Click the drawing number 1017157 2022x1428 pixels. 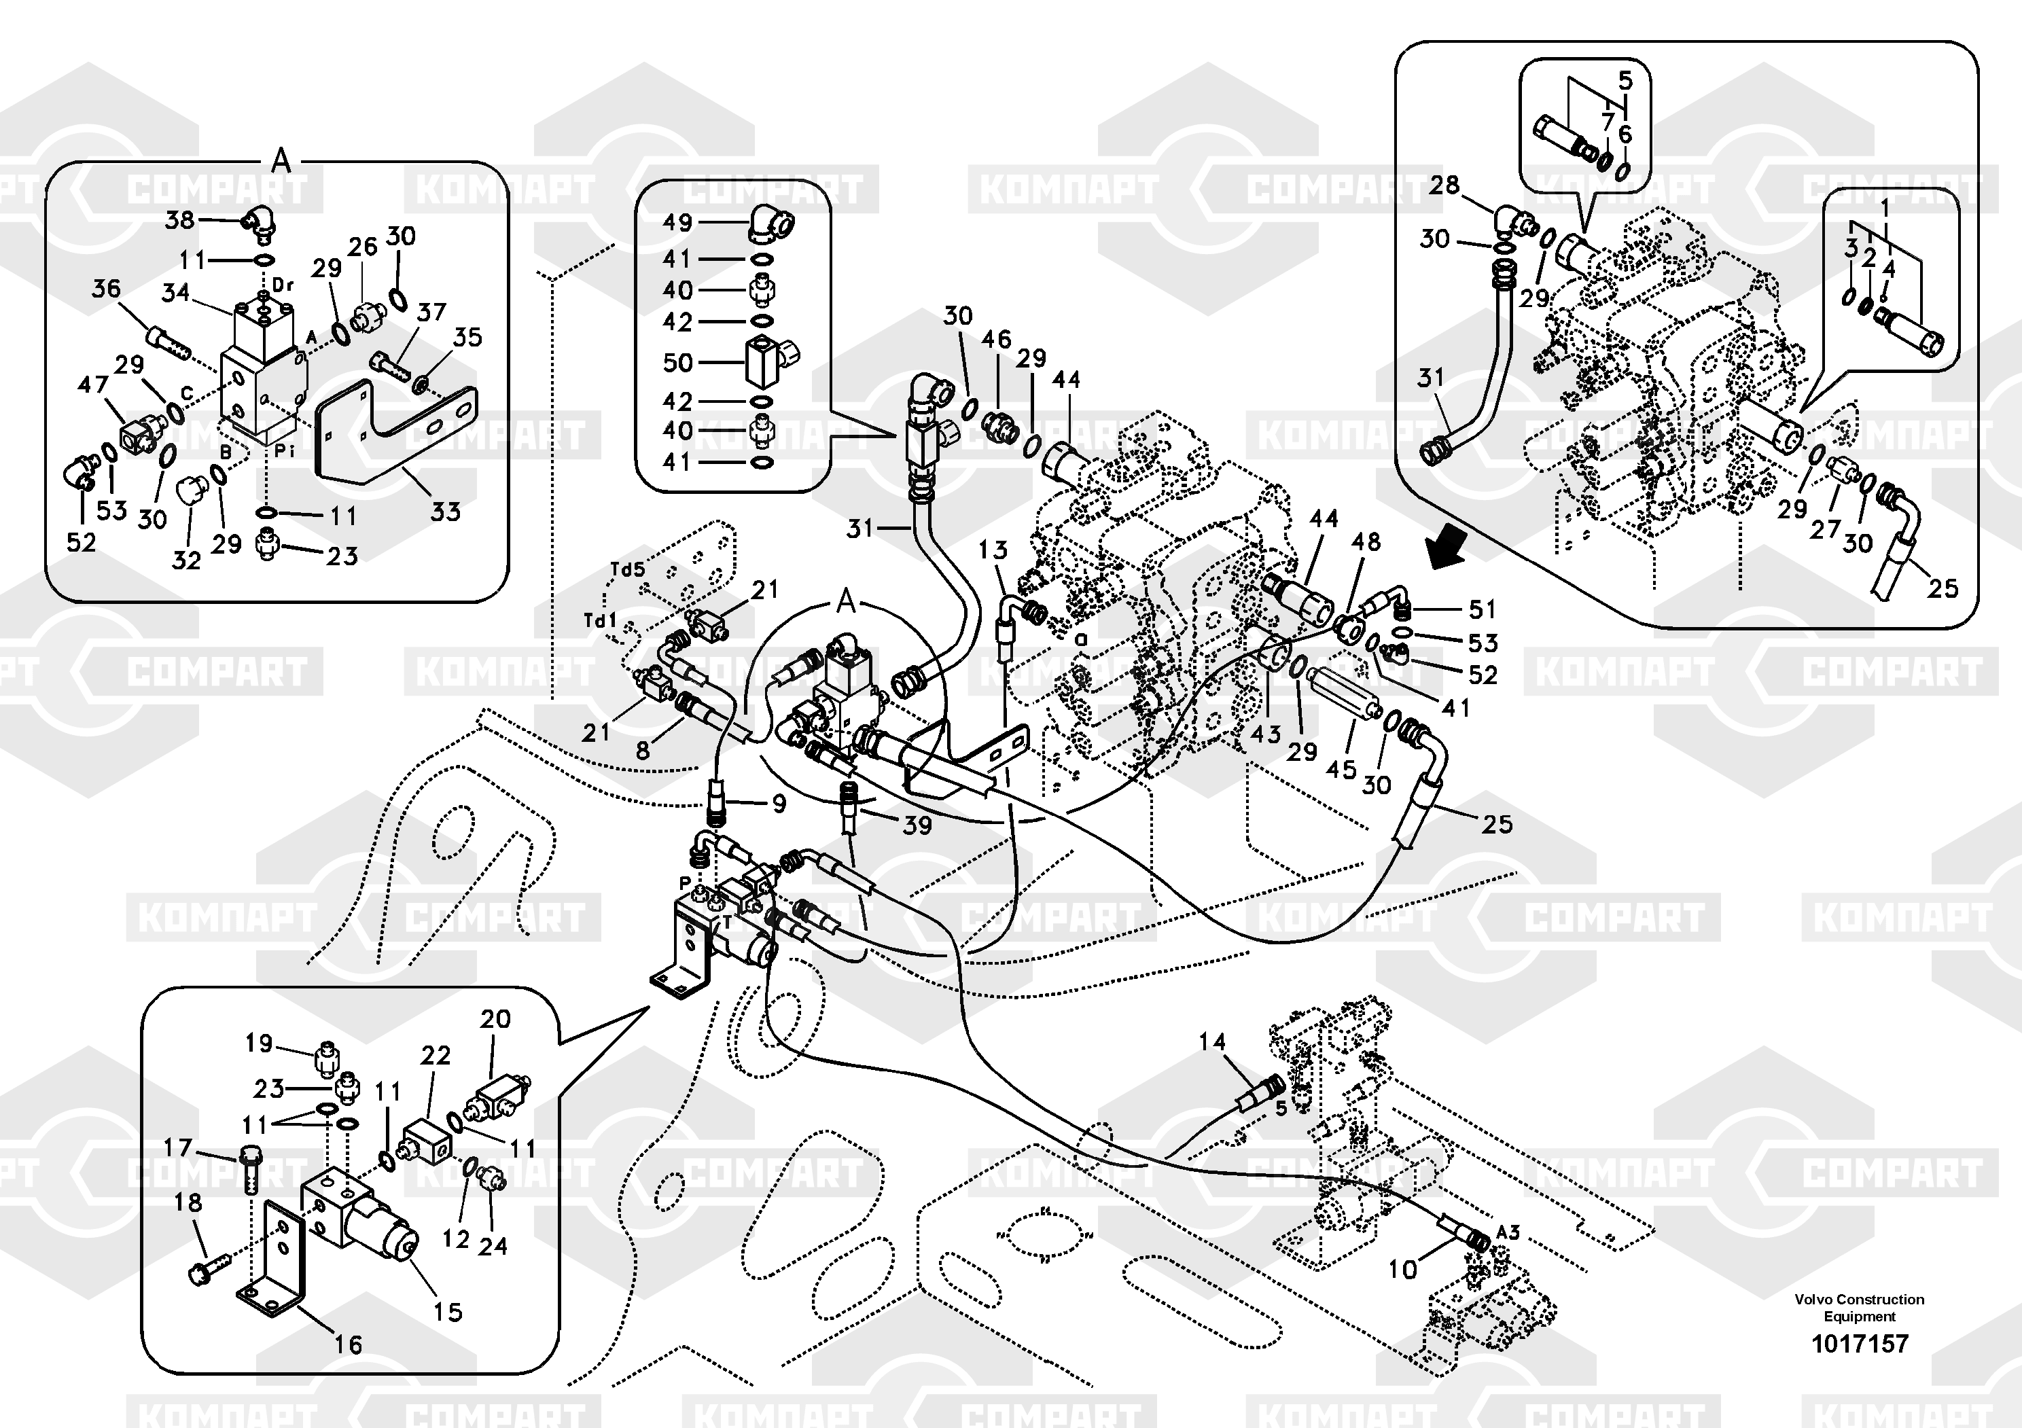tap(1859, 1344)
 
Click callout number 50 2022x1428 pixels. tap(677, 362)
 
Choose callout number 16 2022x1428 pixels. tap(348, 1344)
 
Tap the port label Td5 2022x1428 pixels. tap(627, 569)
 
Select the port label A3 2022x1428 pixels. tap(1508, 1232)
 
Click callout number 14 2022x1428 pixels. tap(1212, 1041)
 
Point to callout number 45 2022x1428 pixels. tap(1341, 770)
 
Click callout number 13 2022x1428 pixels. tap(993, 550)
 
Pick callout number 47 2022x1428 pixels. tap(92, 384)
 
